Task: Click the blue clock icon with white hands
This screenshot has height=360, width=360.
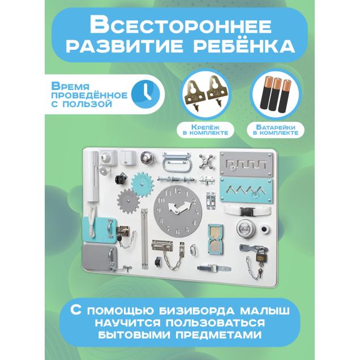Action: (145, 95)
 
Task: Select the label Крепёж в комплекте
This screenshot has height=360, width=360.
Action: (205, 130)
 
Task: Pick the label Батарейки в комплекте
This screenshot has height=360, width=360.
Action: (276, 130)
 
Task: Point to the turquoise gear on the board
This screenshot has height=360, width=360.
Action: (143, 185)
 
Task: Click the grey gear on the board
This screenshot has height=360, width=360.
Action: (128, 202)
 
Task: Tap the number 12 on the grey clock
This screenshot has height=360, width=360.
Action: (177, 190)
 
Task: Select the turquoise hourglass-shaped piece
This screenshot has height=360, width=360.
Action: (215, 239)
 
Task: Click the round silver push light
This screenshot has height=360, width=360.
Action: (246, 229)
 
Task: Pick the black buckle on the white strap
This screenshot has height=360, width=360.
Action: (247, 212)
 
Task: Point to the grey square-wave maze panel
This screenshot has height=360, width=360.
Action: (246, 164)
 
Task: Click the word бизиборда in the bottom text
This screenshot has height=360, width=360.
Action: (196, 311)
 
